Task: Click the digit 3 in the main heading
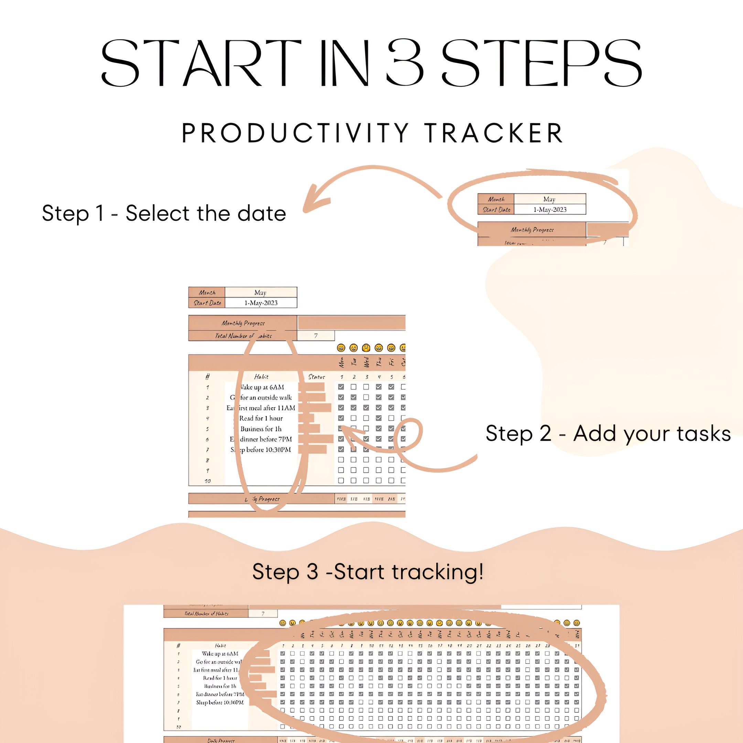405,63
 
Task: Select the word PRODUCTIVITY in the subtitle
295,133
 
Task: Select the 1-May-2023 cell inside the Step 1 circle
550,209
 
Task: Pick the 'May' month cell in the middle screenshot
260,292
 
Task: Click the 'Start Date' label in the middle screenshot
207,303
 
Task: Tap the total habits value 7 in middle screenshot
316,336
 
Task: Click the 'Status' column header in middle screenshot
316,377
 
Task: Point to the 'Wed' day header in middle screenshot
366,362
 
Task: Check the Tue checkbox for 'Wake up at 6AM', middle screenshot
353,387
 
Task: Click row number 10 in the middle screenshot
207,481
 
